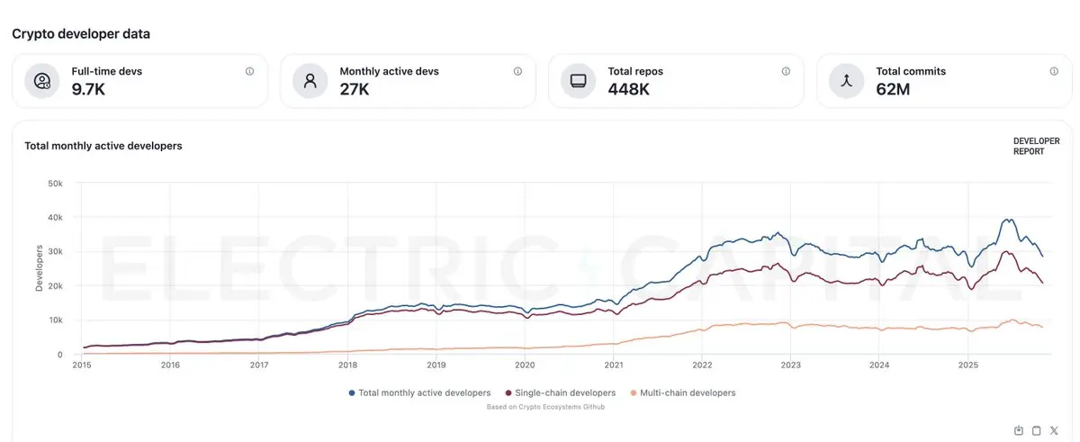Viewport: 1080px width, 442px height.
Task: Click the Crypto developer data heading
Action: coord(81,34)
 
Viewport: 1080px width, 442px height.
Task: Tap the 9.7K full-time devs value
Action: coord(88,89)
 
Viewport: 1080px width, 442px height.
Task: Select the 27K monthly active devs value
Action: coord(355,89)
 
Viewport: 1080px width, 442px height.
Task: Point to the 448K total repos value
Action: coord(629,89)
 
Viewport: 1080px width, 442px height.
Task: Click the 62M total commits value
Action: coord(893,89)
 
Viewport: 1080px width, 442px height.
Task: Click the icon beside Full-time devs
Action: coord(42,81)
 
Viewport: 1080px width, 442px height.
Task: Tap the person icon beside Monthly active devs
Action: coord(310,81)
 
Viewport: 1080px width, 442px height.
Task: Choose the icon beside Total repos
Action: coord(578,81)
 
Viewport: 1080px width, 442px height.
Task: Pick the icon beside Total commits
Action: coord(846,81)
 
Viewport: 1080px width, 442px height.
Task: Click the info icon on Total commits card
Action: coord(1054,71)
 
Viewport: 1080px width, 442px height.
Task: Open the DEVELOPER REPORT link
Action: coord(1036,147)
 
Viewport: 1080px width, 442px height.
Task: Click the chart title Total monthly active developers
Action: coord(103,146)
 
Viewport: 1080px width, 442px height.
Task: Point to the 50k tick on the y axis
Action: coord(55,184)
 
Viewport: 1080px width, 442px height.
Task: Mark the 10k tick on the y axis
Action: coord(55,320)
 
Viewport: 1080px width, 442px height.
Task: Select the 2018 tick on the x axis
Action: coord(347,365)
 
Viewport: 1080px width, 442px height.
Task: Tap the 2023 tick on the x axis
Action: coord(790,365)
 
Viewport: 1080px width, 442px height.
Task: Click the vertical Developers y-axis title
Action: coord(39,267)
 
